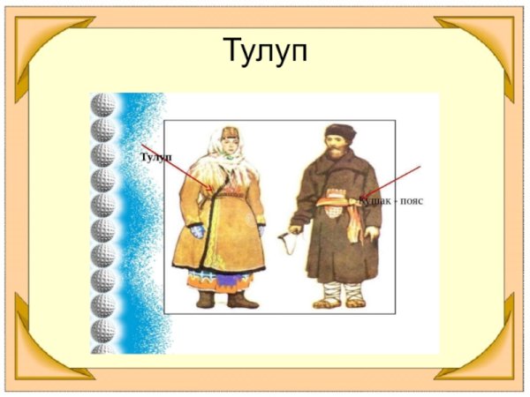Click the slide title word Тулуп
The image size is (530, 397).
[264, 52]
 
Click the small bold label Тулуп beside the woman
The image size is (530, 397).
[155, 157]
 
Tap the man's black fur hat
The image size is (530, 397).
[338, 135]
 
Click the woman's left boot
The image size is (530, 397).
[205, 299]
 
